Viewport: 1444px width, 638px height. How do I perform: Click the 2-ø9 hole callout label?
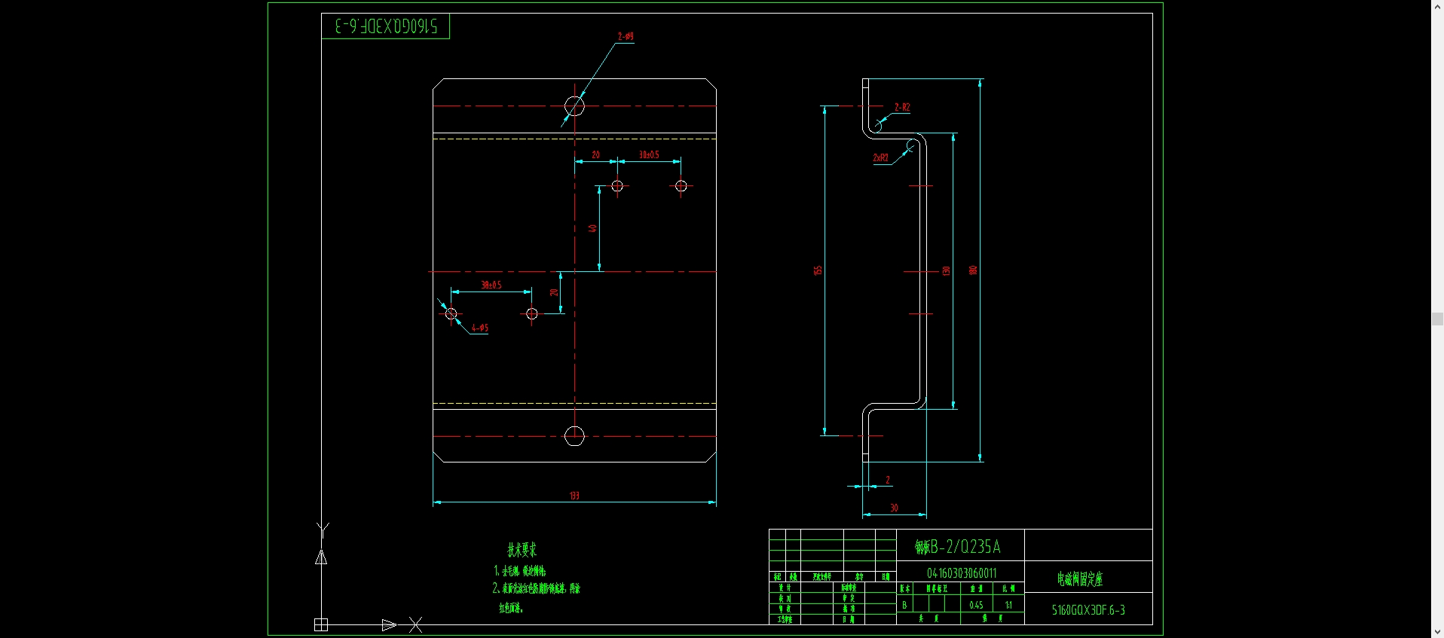point(626,36)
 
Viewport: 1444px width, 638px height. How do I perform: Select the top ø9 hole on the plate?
point(574,106)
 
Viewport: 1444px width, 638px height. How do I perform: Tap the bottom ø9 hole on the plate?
point(574,435)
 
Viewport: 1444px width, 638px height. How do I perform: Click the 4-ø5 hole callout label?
point(480,328)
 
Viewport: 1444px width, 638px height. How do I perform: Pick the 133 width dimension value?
point(574,496)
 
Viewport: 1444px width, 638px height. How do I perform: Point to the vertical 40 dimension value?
point(593,228)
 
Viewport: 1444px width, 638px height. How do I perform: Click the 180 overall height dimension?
point(973,270)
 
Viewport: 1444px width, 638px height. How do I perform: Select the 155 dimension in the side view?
point(818,270)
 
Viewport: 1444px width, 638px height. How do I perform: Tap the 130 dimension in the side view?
point(947,270)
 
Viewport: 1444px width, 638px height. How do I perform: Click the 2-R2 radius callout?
point(902,107)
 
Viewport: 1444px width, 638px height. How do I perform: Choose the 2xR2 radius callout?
point(880,157)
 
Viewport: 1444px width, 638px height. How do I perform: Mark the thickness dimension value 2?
point(888,480)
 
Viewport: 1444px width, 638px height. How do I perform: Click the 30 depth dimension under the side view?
point(894,508)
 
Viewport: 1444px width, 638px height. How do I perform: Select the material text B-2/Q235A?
point(958,546)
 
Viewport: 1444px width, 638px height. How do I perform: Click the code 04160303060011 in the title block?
point(962,573)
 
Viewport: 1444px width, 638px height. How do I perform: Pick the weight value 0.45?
point(976,605)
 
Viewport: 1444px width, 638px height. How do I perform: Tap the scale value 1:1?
point(1008,605)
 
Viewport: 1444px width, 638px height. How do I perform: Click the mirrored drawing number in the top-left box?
point(386,26)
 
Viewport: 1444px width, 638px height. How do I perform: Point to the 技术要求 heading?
point(522,550)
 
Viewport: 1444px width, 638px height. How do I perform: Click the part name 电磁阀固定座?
point(1079,578)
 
